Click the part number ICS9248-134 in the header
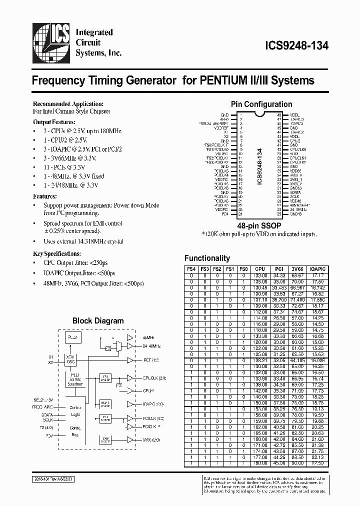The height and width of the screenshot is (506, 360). tap(295, 45)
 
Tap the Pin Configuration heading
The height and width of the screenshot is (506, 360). tap(261, 104)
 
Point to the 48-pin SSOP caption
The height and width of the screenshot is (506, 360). tap(260, 225)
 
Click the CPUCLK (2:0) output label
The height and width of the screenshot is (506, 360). tap(153, 378)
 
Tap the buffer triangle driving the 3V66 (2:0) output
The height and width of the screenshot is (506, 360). tap(130, 440)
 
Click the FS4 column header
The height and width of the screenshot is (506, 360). tap(191, 268)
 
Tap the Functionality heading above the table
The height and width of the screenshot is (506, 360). tap(207, 258)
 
